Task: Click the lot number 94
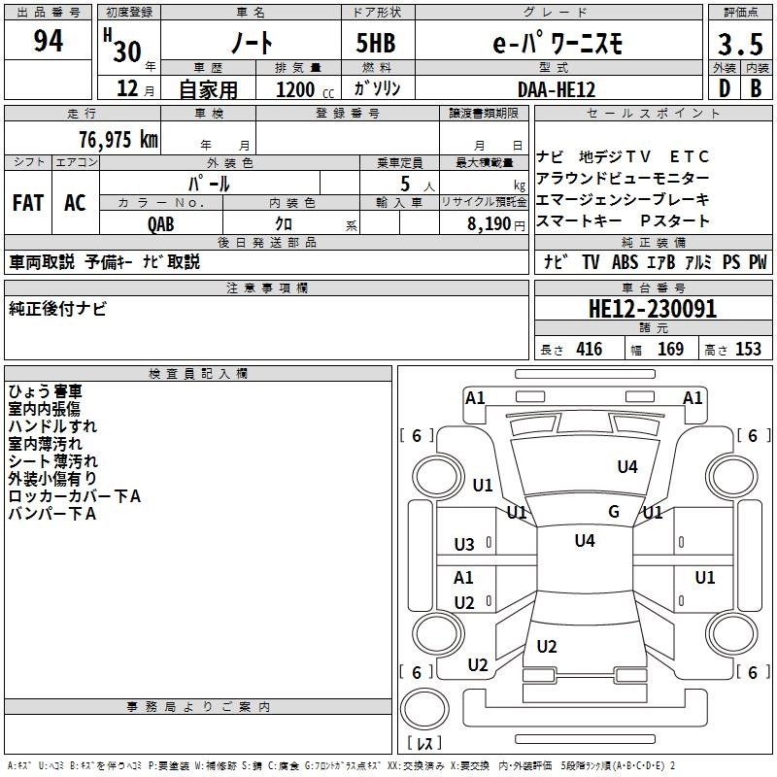(x=49, y=42)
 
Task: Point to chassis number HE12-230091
(x=653, y=309)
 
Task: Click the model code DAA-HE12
(x=557, y=89)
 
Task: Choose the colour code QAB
(x=161, y=223)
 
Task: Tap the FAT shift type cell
(x=27, y=203)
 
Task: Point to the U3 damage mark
(x=464, y=545)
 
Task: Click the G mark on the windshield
(x=614, y=512)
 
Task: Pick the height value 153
(x=748, y=350)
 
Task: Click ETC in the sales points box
(x=691, y=156)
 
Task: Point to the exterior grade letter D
(x=724, y=89)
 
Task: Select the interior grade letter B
(x=756, y=89)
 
